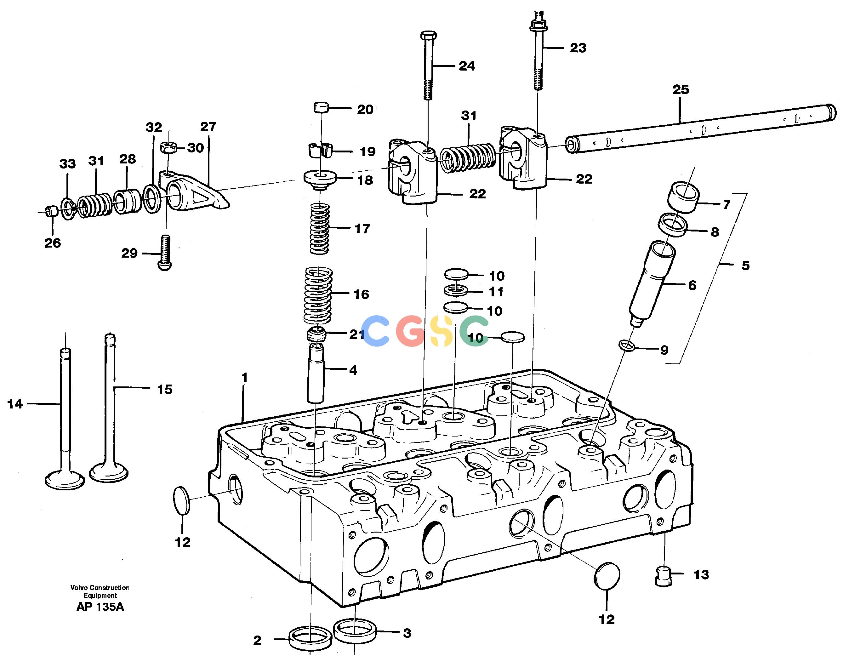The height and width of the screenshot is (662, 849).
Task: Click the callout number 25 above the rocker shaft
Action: click(681, 90)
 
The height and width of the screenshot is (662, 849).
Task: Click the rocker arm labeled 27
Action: click(194, 191)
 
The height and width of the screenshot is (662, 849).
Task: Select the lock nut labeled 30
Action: click(169, 147)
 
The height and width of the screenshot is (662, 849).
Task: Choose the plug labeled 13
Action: click(664, 576)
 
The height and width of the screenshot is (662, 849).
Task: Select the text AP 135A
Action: click(100, 607)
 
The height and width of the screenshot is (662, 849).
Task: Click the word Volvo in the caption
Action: click(79, 587)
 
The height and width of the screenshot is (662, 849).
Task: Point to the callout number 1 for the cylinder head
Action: click(244, 377)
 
